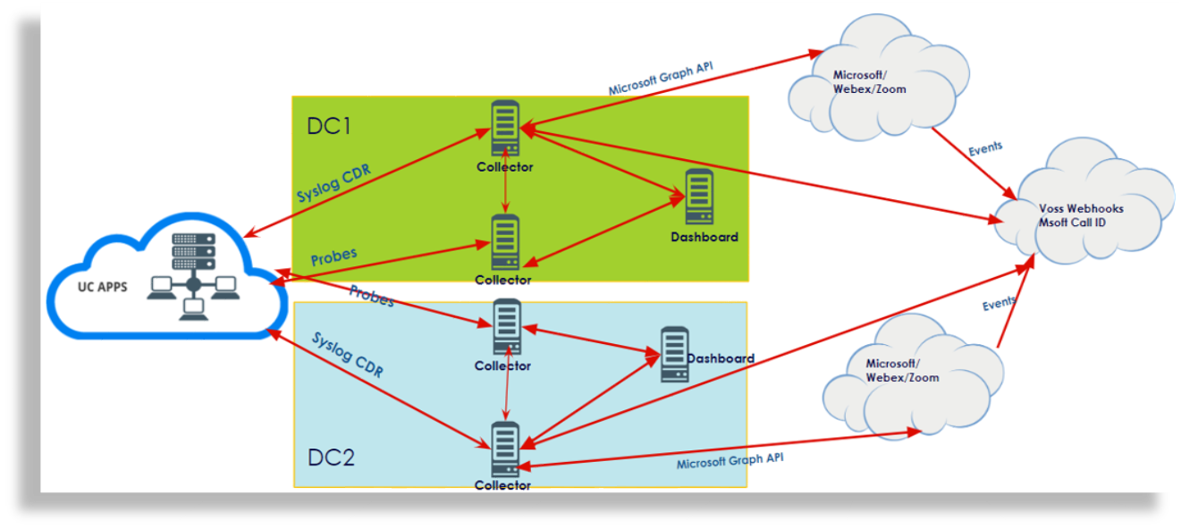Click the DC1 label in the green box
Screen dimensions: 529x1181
point(329,126)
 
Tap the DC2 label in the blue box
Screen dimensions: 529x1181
point(331,458)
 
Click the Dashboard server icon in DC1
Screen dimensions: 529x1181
point(698,197)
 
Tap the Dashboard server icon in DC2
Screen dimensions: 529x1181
point(674,355)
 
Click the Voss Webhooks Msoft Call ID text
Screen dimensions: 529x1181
point(1081,214)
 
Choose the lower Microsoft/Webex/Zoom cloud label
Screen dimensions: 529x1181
point(903,371)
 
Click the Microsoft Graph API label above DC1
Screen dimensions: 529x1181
point(660,79)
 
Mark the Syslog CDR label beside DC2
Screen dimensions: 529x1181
point(348,355)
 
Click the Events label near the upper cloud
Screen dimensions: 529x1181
point(985,148)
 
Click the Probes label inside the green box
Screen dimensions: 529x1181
point(333,256)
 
